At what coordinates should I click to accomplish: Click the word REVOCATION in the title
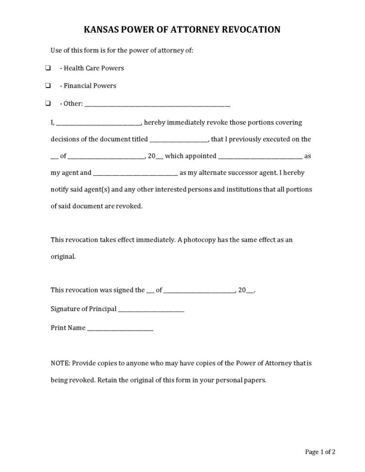pos(250,30)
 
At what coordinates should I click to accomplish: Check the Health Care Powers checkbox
pos(47,68)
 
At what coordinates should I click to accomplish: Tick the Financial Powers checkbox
pos(47,86)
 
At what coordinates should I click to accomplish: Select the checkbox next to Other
pos(47,103)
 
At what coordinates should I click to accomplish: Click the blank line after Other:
pos(157,104)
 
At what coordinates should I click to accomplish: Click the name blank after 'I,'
pos(99,123)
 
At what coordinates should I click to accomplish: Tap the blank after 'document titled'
pos(179,140)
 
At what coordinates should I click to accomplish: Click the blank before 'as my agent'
pos(260,157)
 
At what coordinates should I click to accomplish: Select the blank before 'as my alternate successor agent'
pos(136,174)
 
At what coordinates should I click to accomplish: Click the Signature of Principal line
pos(151,310)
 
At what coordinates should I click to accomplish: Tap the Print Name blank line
pos(120,328)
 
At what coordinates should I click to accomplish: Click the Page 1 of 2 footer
pos(320,452)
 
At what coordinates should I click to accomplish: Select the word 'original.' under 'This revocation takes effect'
pos(63,257)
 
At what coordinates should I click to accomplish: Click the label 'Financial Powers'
pos(90,86)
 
